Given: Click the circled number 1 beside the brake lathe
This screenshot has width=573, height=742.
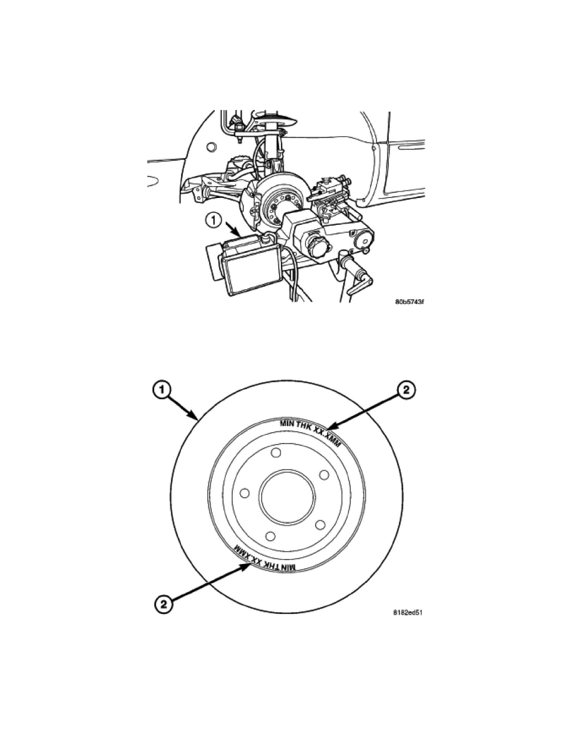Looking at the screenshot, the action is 214,220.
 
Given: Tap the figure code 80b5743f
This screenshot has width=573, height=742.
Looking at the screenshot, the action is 409,302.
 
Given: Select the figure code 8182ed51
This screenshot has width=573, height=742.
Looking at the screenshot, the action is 409,612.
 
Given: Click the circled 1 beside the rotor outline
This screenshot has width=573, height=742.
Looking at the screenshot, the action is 162,391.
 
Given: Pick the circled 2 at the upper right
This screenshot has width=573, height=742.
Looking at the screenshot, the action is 406,391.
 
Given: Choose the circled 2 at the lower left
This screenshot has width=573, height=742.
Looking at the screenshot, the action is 163,604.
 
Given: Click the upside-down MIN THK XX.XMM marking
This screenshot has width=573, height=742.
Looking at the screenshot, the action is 265,559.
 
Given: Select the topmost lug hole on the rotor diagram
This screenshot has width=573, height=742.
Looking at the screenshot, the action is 276,453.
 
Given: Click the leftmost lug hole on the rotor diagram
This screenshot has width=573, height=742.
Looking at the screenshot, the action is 245,493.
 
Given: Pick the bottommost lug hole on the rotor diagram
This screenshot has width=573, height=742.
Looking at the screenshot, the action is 270,536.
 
